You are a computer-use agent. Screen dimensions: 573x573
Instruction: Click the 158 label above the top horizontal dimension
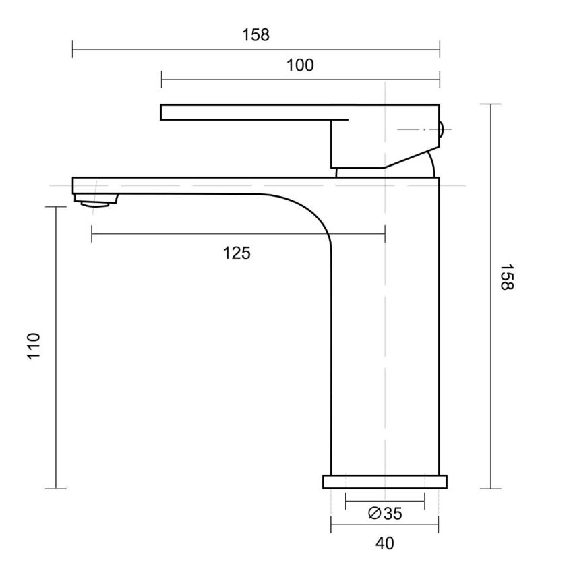pos(255,35)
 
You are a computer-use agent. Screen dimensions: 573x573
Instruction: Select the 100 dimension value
pos(300,65)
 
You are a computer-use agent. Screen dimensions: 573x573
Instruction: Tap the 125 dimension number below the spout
pos(237,253)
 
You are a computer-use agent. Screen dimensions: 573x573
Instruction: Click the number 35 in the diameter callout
pos(393,514)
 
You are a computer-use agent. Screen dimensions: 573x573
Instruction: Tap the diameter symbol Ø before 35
pos(375,514)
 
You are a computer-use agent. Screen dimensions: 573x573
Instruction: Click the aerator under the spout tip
pos(96,200)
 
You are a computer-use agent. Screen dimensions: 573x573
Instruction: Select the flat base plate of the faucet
pos(385,481)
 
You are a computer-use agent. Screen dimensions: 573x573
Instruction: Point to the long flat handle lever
pos(249,112)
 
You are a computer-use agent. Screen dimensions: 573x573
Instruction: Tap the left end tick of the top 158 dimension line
pos(72,49)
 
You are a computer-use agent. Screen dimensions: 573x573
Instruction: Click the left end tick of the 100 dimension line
pos(162,80)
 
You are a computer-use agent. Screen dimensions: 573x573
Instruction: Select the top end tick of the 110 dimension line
pos(55,207)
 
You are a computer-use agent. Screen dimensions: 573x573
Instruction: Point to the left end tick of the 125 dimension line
pos(91,234)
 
